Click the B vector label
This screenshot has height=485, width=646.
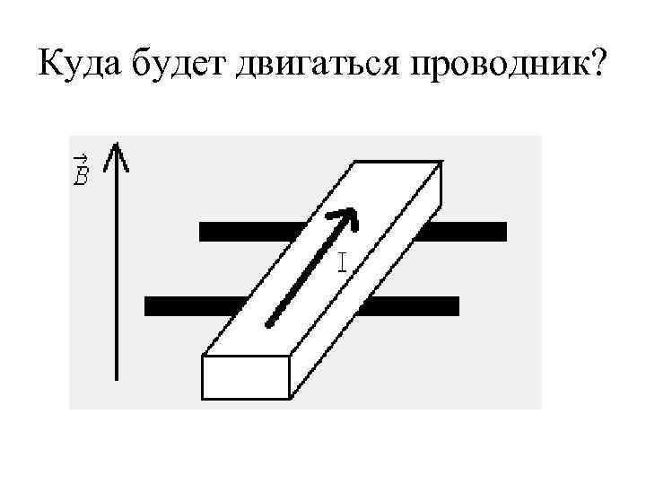coord(81,172)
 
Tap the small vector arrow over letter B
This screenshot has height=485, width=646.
coord(81,160)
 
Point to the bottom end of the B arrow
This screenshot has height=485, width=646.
coord(116,378)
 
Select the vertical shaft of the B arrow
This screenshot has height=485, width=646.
coord(116,269)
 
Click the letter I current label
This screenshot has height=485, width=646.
coord(343,262)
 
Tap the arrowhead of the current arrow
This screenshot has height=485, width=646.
coord(345,216)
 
